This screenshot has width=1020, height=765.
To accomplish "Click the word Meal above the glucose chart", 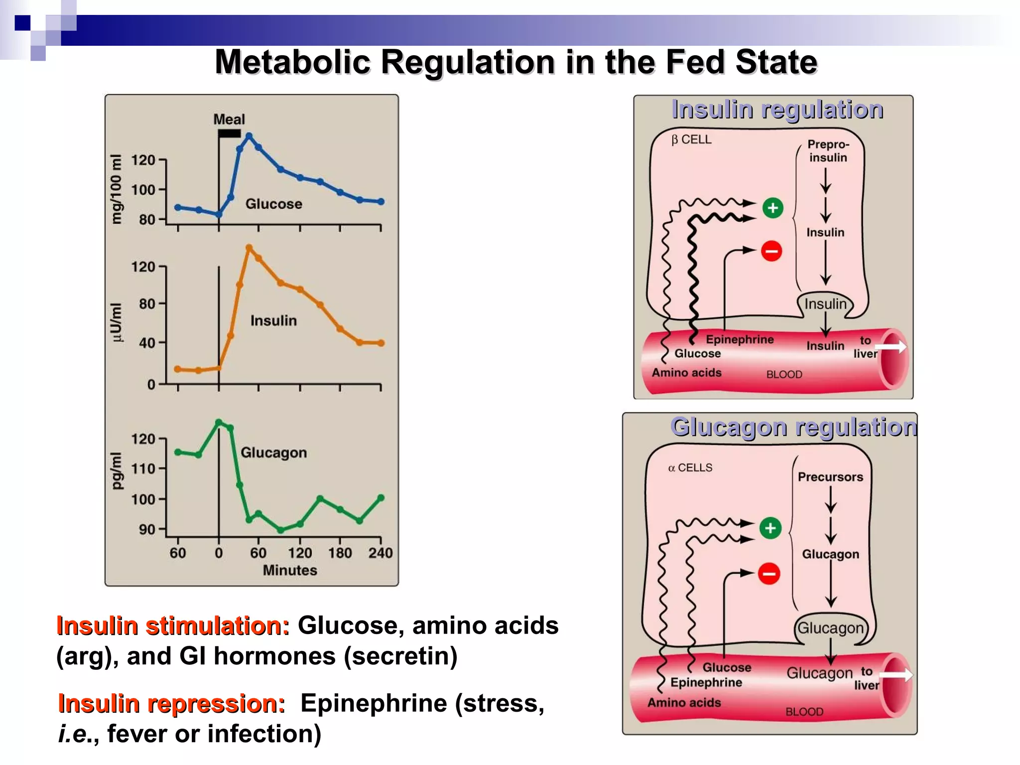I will pos(229,120).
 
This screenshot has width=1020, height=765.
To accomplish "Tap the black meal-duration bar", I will pos(230,133).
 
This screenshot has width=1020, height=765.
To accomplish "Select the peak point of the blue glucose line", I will pos(249,136).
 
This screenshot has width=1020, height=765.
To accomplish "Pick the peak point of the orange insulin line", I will pos(249,248).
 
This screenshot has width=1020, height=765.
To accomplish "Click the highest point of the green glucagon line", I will pos(219,422).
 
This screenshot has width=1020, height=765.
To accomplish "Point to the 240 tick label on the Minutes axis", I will pos(381,553).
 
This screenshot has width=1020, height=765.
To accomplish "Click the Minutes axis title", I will pos(290,570).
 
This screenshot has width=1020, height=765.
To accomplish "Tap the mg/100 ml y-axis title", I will pos(116,189).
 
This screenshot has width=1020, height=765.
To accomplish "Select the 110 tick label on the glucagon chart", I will pos(143,469).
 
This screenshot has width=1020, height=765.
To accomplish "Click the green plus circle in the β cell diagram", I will pos(773,208).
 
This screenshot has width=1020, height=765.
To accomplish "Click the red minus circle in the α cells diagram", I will pos(769,574).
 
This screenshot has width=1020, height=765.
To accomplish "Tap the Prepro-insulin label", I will pos(828,151).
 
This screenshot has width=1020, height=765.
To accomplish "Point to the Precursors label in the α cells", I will pos(830,477).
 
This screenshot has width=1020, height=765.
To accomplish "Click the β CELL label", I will pos(691,140).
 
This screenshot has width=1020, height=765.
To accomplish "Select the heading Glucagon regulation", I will pos(793,427).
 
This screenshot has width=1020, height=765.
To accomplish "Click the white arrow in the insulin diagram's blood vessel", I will pos(891,347).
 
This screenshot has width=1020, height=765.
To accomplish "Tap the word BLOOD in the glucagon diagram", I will pos(804,712).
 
